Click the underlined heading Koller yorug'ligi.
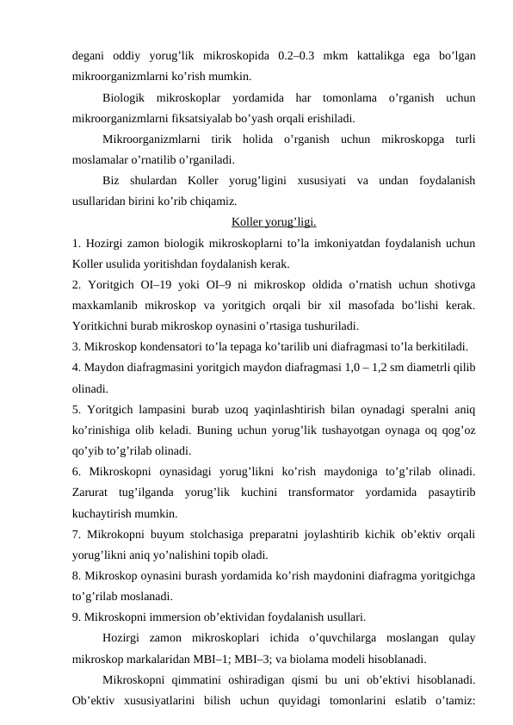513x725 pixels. [x=274, y=222]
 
